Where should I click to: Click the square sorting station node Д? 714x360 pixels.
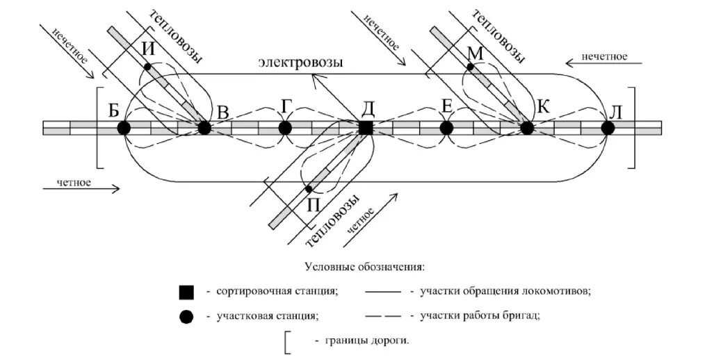(366, 128)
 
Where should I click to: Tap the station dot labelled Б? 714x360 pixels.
(124, 128)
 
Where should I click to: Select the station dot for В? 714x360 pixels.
(204, 128)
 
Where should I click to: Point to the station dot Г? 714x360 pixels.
(284, 128)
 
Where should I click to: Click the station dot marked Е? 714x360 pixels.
(446, 128)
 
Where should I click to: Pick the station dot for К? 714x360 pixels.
(527, 128)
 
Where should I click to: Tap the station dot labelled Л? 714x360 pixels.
(608, 128)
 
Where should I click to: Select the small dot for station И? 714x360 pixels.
(147, 66)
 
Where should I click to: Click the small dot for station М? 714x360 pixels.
(470, 67)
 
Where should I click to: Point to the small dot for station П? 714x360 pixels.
(308, 189)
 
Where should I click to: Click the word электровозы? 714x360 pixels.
(300, 63)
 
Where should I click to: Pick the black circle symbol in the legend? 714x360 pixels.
(186, 316)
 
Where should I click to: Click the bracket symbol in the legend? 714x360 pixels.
(288, 342)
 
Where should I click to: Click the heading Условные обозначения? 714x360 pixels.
(364, 268)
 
